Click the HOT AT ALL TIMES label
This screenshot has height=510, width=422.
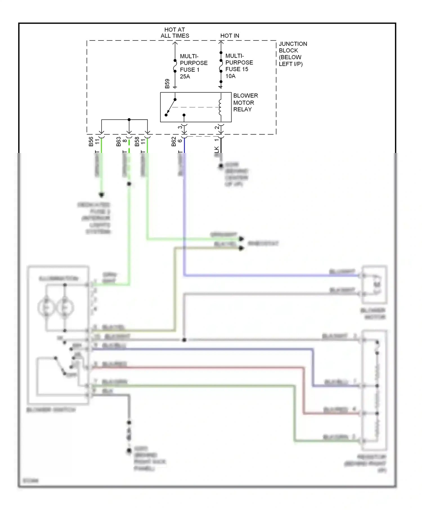175,33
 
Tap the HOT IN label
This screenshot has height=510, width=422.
230,36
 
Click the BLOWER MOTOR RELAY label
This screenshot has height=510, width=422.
245,102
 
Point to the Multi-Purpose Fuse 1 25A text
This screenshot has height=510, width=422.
194,66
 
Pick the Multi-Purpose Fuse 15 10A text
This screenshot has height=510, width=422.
239,66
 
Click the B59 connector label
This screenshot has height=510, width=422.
167,84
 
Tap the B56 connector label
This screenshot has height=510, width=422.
91,141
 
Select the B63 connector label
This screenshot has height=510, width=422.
118,141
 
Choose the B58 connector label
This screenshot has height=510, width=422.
137,141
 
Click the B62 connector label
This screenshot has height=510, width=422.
174,141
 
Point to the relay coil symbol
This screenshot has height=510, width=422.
220,107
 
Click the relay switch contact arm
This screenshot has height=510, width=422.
170,107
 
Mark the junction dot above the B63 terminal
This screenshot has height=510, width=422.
129,119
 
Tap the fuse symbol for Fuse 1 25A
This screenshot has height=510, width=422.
175,66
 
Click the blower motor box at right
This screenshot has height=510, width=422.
374,285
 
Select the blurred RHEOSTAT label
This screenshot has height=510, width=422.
263,243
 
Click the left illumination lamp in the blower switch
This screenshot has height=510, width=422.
46,307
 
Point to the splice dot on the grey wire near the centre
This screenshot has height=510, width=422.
184,340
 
